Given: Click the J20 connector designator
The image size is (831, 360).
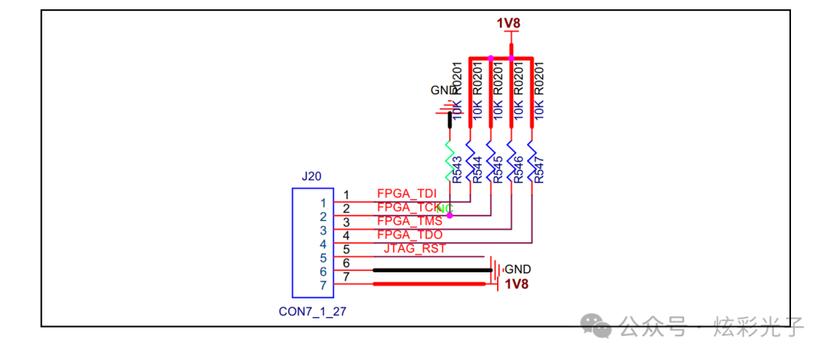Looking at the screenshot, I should (x=312, y=176).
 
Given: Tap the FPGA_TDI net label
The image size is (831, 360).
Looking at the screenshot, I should (x=406, y=193).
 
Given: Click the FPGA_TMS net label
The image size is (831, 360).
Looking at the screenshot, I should (x=409, y=222).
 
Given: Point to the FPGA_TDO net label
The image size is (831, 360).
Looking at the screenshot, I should (x=409, y=235).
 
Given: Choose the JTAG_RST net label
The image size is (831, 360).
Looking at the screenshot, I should (x=415, y=248).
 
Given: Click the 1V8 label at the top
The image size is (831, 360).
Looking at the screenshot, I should (x=509, y=24).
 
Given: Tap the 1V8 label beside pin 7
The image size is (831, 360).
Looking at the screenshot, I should (x=516, y=284).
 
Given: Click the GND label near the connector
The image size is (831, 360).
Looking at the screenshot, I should (x=518, y=269).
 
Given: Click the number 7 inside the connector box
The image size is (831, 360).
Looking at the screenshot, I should (x=323, y=285).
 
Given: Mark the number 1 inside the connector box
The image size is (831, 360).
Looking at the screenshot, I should (x=323, y=203).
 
